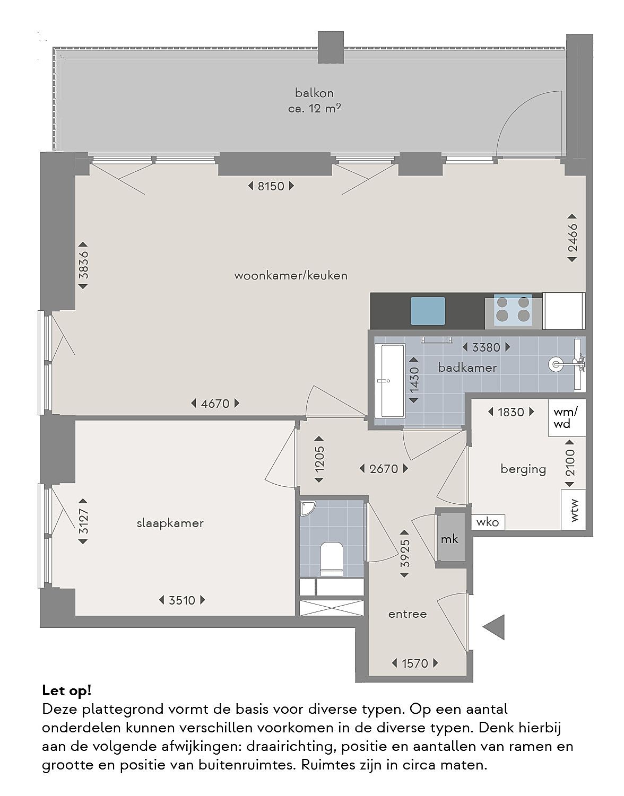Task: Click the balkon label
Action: click(x=314, y=93)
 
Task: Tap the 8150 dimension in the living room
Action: click(x=271, y=186)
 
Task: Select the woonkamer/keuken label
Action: click(x=291, y=275)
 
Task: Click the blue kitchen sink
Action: click(x=428, y=311)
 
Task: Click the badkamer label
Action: click(x=467, y=368)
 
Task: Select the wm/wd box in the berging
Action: click(x=567, y=417)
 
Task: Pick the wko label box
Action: click(x=487, y=522)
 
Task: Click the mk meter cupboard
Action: click(x=450, y=538)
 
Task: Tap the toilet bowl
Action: click(x=332, y=557)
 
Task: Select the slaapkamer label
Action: click(x=170, y=523)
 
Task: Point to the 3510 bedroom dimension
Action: click(x=182, y=600)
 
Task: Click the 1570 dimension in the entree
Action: click(x=415, y=663)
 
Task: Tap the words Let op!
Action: click(x=67, y=690)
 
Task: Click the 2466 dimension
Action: click(x=572, y=238)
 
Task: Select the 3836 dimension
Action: click(x=83, y=265)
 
